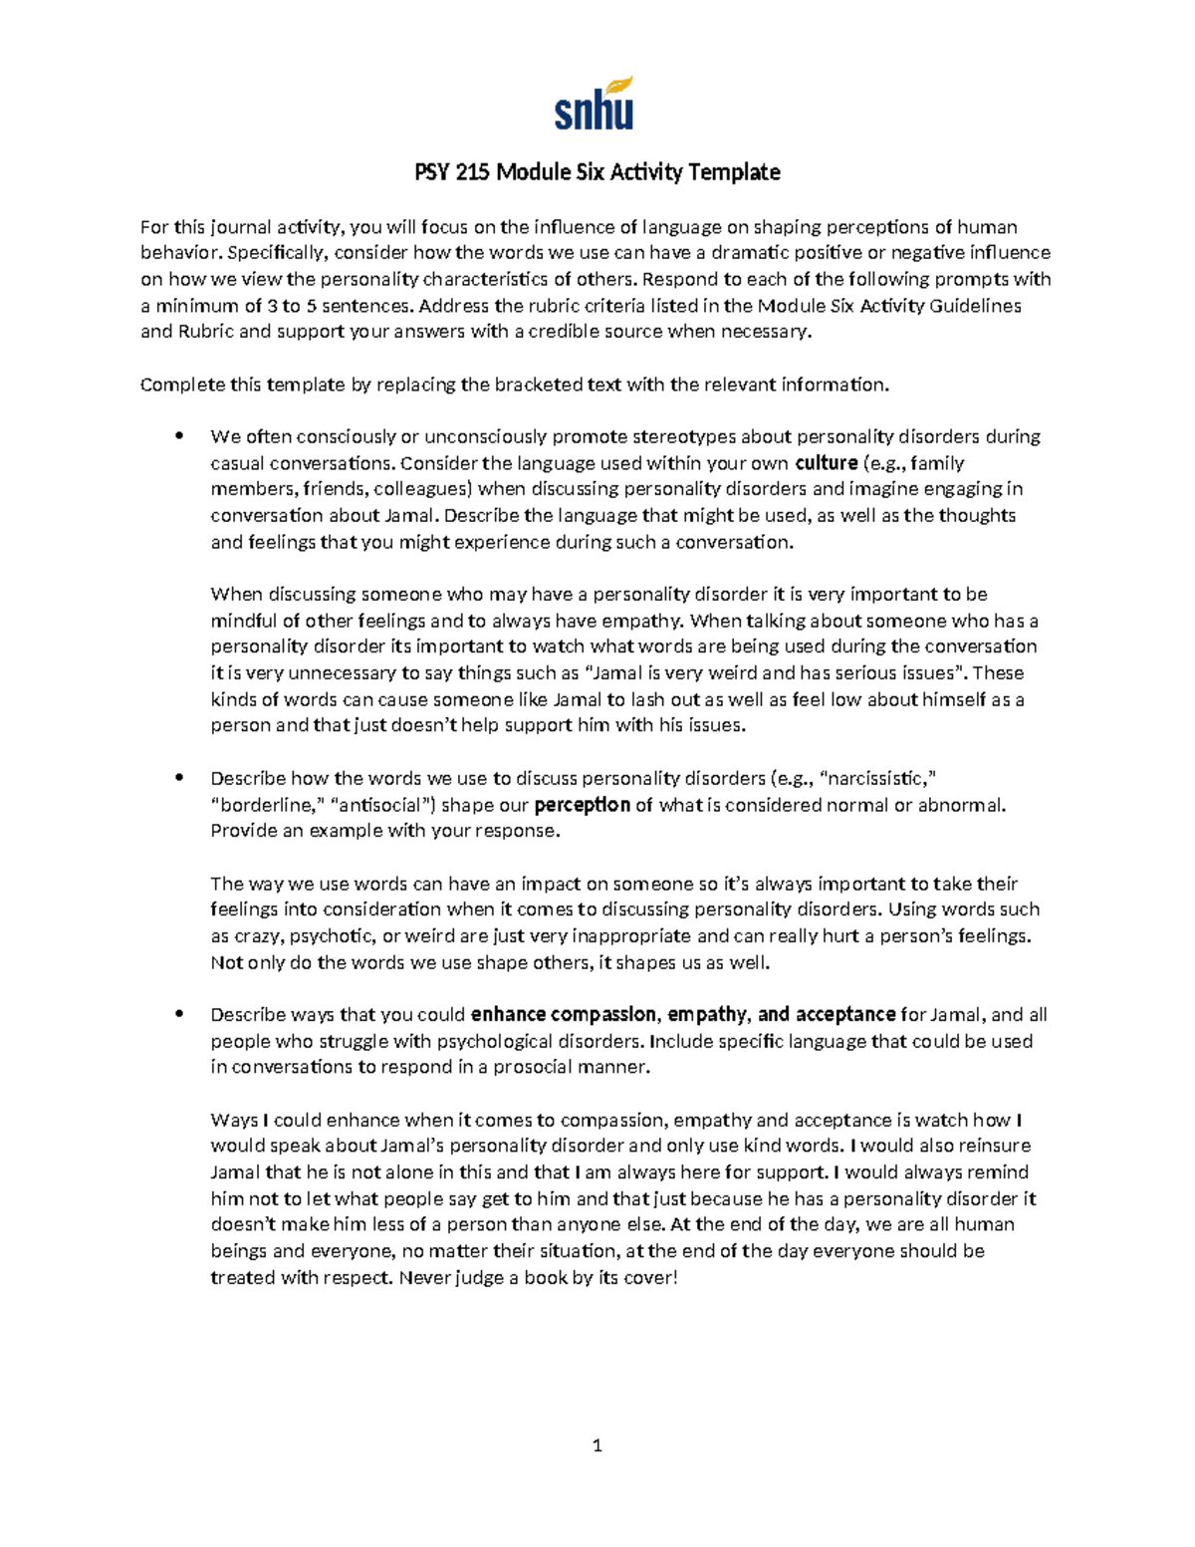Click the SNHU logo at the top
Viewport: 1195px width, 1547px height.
click(595, 104)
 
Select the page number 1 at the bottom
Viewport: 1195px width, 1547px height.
click(597, 1445)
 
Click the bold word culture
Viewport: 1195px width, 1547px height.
click(826, 462)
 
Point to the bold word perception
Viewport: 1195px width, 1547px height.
click(583, 805)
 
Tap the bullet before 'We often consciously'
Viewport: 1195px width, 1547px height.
click(179, 435)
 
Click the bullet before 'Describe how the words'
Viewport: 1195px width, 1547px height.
click(179, 778)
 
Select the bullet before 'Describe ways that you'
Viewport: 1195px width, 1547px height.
click(179, 1014)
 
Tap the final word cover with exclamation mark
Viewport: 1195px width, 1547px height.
click(650, 1277)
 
